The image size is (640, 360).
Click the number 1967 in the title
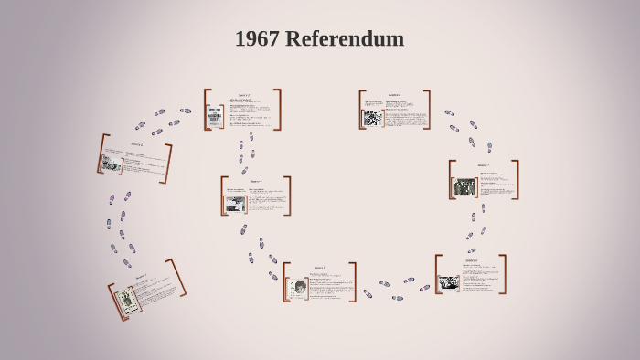point(257,39)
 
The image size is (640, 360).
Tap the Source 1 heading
point(141,277)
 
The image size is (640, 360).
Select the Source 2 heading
point(137,144)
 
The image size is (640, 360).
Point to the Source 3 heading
point(244,95)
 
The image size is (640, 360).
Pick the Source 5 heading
point(319,268)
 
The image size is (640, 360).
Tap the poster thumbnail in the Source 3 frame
point(217,116)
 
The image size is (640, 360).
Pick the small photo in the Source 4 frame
point(236,204)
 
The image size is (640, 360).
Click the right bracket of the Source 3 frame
point(277,110)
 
